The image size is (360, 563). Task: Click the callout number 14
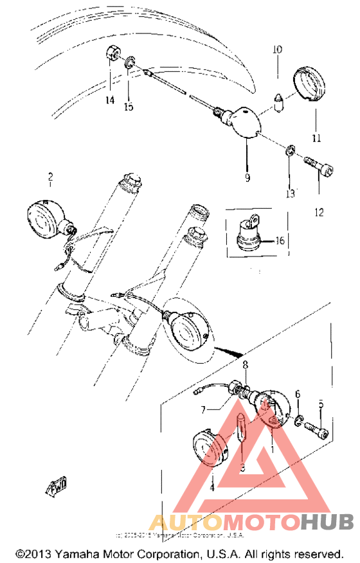coord(110,100)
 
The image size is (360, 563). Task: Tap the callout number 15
coord(129,106)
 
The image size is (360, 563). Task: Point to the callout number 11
coord(316,138)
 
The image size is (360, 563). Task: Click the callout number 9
coord(247,178)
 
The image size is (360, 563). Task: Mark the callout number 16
coord(280,241)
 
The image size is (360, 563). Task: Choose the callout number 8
coord(245,365)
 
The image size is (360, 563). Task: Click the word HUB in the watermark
coord(326,522)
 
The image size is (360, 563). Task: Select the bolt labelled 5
coord(316,425)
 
